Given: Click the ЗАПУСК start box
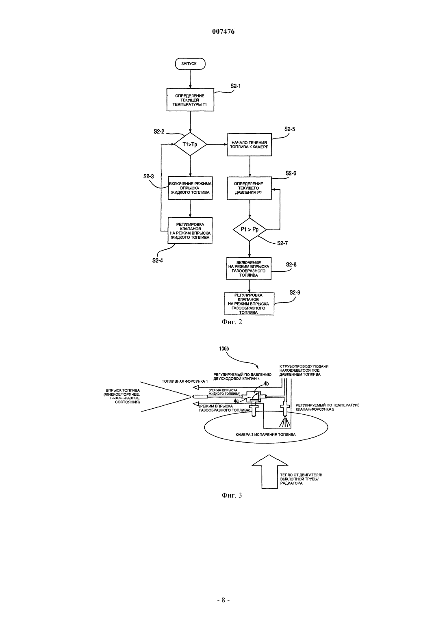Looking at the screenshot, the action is click(190, 64).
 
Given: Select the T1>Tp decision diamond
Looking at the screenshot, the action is click(190, 144).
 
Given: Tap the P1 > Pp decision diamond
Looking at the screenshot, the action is click(250, 229).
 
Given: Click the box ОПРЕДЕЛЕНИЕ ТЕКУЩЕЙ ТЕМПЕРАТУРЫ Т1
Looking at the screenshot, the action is click(190, 100).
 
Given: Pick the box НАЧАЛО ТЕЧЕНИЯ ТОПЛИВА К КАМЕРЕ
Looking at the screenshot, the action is click(250, 145).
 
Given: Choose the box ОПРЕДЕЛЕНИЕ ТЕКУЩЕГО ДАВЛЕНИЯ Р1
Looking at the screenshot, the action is click(249, 188).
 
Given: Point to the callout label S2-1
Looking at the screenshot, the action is click(236, 86).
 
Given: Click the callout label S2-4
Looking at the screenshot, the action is click(158, 260).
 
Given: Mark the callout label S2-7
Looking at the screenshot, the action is click(282, 243).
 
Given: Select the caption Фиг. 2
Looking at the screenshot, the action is click(232, 322).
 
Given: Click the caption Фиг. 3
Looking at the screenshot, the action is click(232, 495).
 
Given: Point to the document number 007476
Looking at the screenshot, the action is click(223, 32).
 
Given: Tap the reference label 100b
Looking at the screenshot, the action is click(224, 349).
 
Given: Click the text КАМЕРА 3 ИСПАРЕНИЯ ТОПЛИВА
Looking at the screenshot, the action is click(265, 435).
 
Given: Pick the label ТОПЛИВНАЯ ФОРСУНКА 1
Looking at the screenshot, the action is click(185, 381).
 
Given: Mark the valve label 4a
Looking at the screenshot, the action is click(236, 400).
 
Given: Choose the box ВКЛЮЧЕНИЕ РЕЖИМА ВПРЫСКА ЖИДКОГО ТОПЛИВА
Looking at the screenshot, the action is click(190, 188).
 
